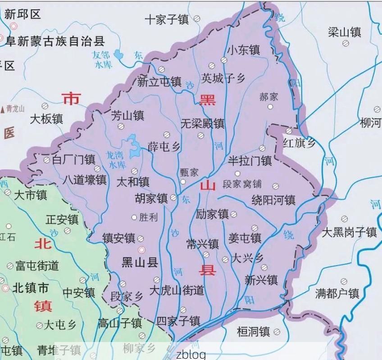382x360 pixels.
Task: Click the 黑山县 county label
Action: pyautogui.click(x=140, y=263)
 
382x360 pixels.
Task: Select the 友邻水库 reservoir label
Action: pyautogui.click(x=101, y=59)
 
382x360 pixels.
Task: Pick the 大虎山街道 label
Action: pyautogui.click(x=177, y=290)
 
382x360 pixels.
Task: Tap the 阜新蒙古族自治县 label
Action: pyautogui.click(x=55, y=41)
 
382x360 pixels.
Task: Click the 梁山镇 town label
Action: pyautogui.click(x=345, y=32)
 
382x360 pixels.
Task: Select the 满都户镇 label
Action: pyautogui.click(x=337, y=294)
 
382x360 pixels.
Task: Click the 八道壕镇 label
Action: pyautogui.click(x=85, y=180)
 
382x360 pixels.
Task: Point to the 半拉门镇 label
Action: pyautogui.click(x=250, y=160)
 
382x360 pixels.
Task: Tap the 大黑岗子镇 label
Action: pyautogui.click(x=349, y=232)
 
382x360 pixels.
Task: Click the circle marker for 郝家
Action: pyautogui.click(x=270, y=107)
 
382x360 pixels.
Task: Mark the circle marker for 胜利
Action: pyautogui.click(x=134, y=218)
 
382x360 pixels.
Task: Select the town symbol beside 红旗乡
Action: pyautogui.click(x=289, y=131)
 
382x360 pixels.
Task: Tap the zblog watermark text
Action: pyautogui.click(x=191, y=354)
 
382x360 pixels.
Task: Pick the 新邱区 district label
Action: pyautogui.click(x=23, y=14)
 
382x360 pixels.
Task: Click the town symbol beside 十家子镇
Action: pyautogui.click(x=197, y=19)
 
